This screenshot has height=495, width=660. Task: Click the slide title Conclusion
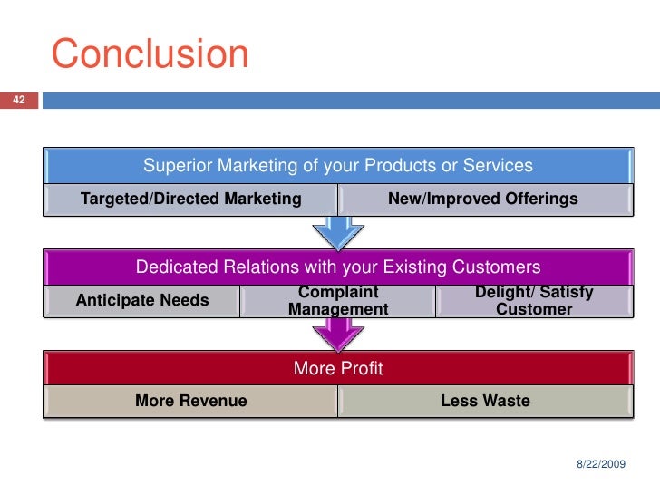tap(150, 54)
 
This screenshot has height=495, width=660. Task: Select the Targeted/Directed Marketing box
tap(190, 199)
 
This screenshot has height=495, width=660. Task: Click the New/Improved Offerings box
tap(482, 199)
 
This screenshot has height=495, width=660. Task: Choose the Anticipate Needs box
tap(141, 301)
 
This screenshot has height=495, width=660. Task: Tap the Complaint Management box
tap(337, 301)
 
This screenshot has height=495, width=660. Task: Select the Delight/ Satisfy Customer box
tap(534, 301)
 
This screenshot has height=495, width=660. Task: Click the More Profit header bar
tap(337, 368)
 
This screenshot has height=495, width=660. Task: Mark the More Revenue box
tap(190, 401)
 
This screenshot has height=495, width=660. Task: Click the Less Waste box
tap(485, 401)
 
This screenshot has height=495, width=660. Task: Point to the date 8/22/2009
tap(600, 464)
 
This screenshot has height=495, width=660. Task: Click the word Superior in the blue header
tap(177, 166)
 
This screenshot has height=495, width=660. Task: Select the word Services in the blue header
tap(498, 166)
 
